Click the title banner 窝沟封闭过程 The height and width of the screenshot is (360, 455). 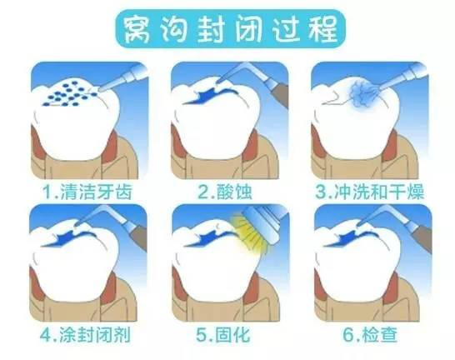[x=231, y=28]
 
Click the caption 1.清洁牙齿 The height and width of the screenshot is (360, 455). [x=87, y=192]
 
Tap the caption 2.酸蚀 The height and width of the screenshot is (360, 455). [x=225, y=192]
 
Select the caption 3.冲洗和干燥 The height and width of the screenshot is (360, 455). [x=370, y=192]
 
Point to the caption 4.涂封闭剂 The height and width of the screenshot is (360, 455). [x=85, y=335]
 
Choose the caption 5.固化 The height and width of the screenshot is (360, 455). [x=223, y=335]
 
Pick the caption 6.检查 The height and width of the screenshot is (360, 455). [x=370, y=335]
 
